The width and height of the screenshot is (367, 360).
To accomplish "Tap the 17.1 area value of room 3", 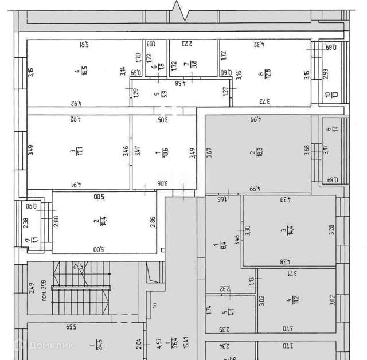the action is coord(72,152).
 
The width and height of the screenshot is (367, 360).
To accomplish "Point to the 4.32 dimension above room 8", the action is coord(261,44).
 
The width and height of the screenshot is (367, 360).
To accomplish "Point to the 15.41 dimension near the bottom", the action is coord(169,345).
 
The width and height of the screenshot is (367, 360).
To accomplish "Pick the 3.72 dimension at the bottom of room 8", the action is coord(264,102).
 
